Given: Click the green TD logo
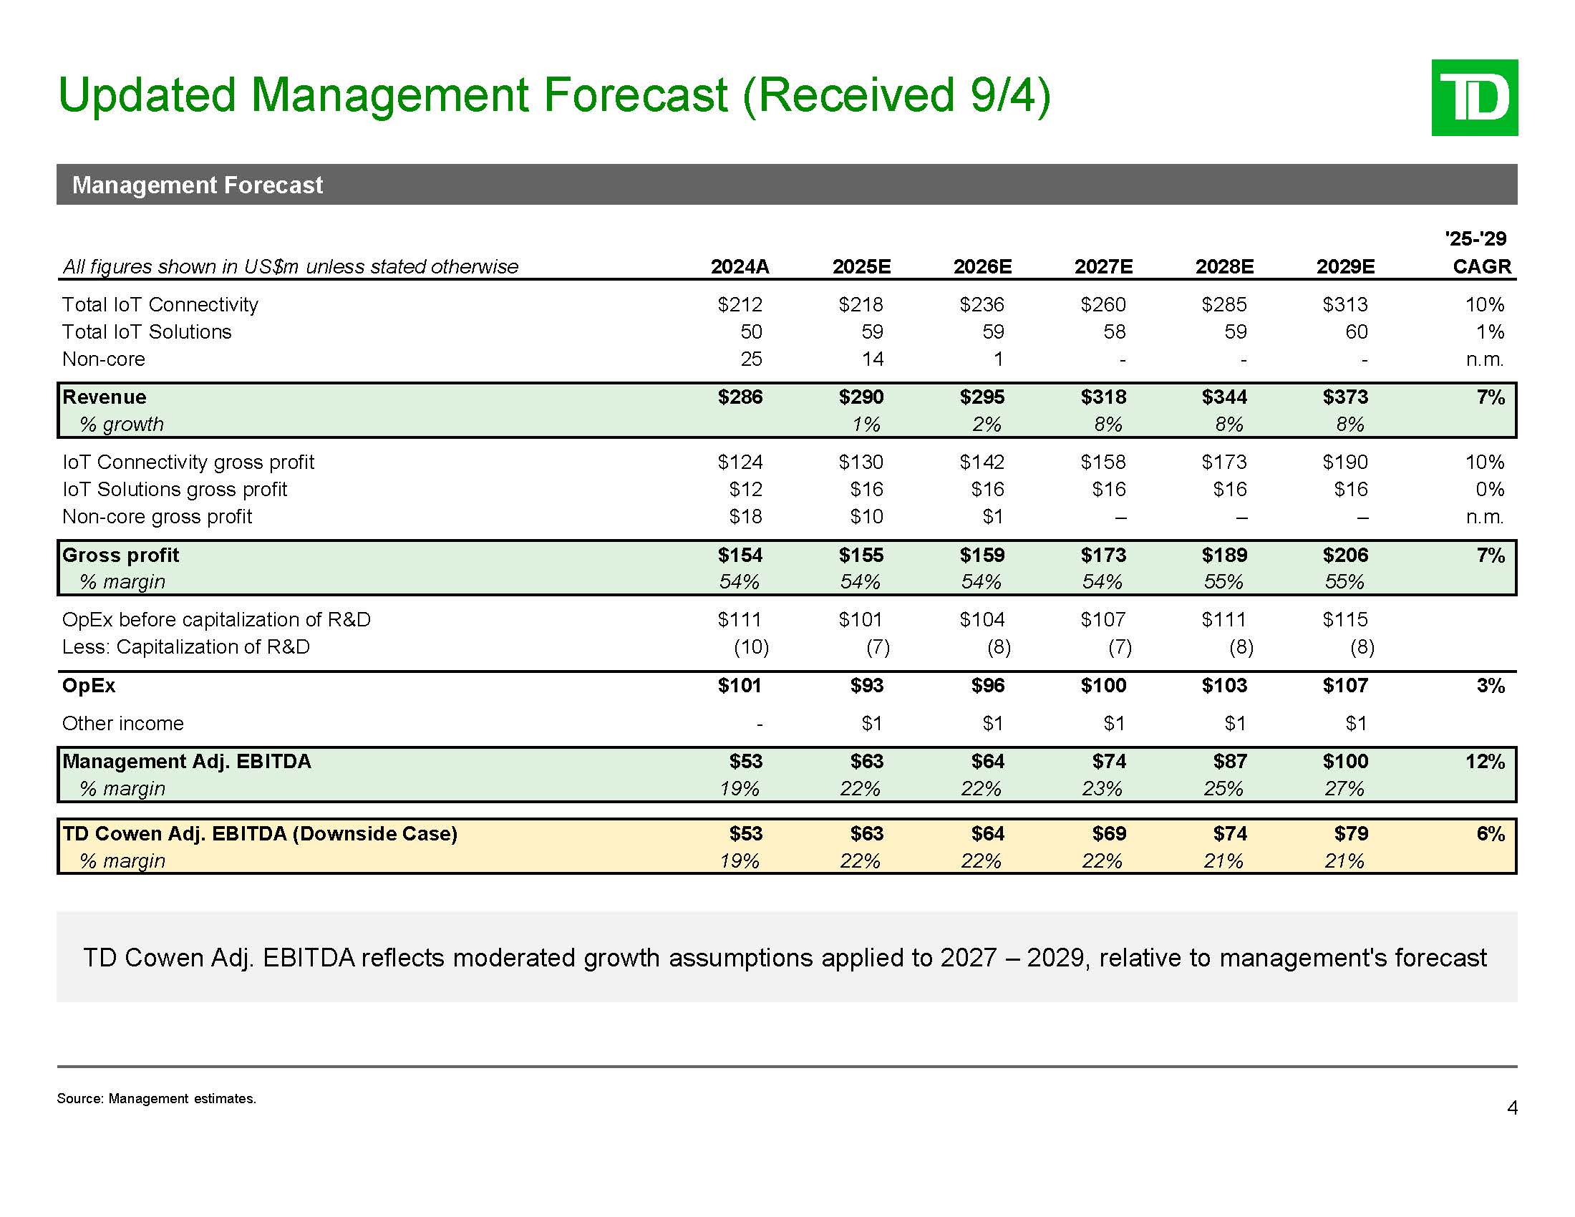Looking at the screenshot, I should click(x=1474, y=97).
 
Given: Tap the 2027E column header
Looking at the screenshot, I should click(x=1103, y=267).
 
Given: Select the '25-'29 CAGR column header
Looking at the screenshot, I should click(x=1480, y=253).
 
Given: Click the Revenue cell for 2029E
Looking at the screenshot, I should click(x=1345, y=397).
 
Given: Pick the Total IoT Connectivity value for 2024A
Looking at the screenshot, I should click(x=740, y=305).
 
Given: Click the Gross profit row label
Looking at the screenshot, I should click(x=120, y=555).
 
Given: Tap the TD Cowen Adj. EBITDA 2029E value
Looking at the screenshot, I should click(x=1351, y=834).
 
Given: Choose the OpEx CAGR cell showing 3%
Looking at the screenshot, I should click(x=1490, y=686).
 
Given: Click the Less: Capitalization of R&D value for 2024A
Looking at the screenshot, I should click(x=751, y=647).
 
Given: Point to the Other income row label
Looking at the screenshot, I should click(x=122, y=724).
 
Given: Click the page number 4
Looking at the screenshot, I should click(x=1512, y=1108).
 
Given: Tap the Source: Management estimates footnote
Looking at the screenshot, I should click(x=157, y=1099).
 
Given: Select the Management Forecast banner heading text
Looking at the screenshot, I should click(x=198, y=185).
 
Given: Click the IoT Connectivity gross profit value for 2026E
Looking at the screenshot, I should click(x=982, y=462).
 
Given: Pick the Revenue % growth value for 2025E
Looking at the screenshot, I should click(x=866, y=425).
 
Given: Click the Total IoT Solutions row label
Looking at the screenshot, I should click(x=146, y=332).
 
